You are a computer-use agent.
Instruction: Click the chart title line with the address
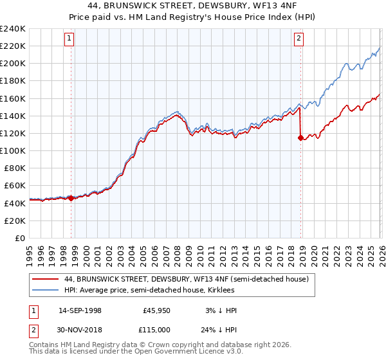pos(192,6)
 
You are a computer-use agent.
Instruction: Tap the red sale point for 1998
pos(71,198)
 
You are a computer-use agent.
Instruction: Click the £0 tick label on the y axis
pos(19,238)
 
